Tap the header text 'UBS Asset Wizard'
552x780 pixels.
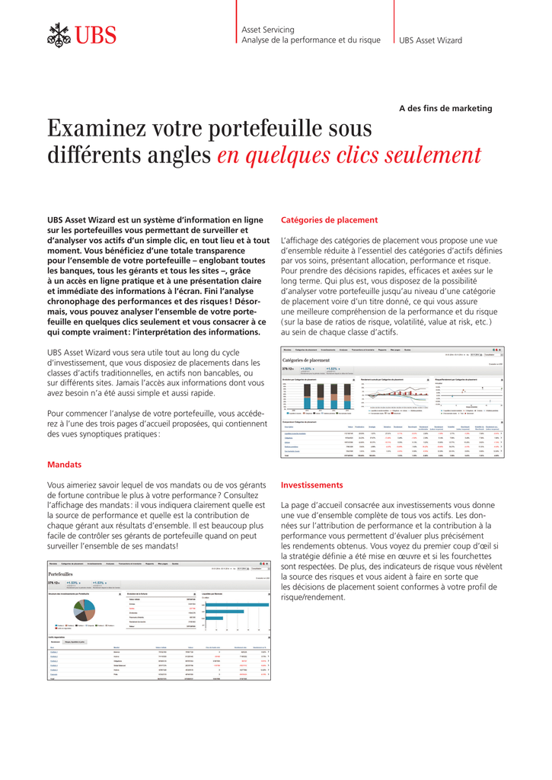coord(430,40)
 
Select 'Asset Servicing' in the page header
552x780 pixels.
coord(267,30)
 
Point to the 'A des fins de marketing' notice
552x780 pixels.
coord(445,108)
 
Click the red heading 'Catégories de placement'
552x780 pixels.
coord(329,220)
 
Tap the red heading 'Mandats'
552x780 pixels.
coord(64,464)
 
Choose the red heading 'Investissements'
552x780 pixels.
coord(311,484)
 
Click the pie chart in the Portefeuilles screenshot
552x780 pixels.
coord(85,610)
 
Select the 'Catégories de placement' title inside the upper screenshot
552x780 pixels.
coord(305,360)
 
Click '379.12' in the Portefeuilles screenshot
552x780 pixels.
coord(54,583)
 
